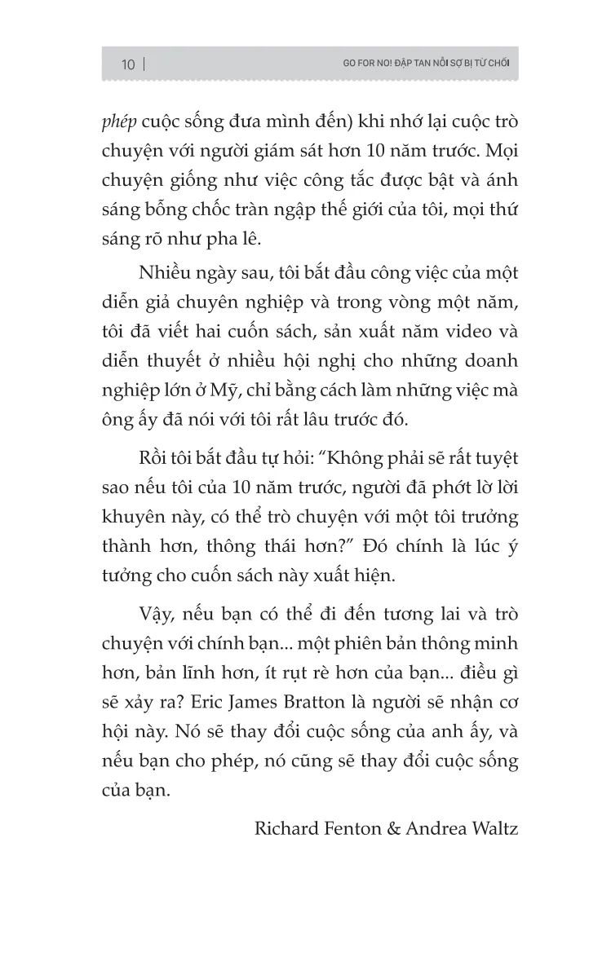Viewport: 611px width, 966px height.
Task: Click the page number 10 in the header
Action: pyautogui.click(x=128, y=64)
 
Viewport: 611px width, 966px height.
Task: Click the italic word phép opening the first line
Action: pyautogui.click(x=118, y=121)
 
